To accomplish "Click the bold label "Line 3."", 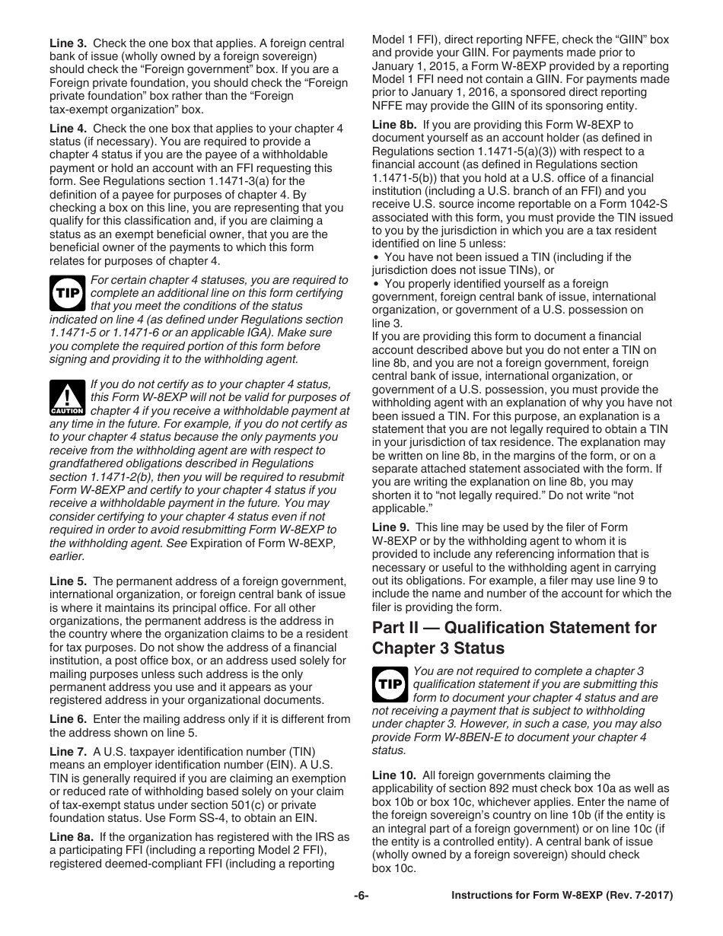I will (x=68, y=43).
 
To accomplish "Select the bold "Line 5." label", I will (x=68, y=581).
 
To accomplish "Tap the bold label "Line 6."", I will (x=68, y=719).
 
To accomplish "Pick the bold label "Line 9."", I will (x=390, y=527).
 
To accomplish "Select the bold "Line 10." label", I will (x=394, y=775).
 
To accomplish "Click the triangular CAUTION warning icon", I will (x=67, y=397).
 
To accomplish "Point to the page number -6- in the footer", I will (x=361, y=896).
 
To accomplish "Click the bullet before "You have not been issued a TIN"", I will (x=376, y=257).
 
